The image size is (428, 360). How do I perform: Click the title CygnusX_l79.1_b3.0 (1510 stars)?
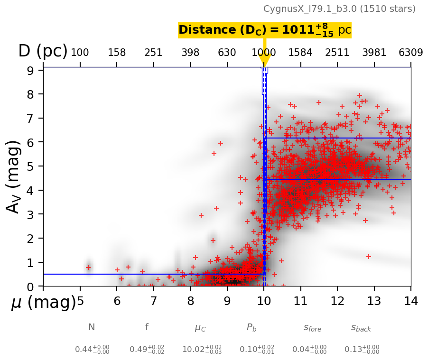(x=339, y=9)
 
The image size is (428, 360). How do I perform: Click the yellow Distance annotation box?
(x=265, y=30)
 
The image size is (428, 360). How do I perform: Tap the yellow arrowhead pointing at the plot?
(x=264, y=60)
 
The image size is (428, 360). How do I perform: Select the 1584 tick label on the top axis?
(x=300, y=53)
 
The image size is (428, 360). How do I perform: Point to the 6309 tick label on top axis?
(x=411, y=53)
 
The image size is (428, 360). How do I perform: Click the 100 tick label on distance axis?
(x=80, y=53)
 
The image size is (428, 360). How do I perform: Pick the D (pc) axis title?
(x=43, y=51)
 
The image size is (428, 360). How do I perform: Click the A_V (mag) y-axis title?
(x=15, y=177)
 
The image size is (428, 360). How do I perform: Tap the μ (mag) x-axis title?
(x=43, y=303)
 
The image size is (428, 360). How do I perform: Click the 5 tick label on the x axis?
(x=80, y=301)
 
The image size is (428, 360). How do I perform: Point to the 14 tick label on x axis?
(x=411, y=301)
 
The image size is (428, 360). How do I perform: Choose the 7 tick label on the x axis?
(x=154, y=301)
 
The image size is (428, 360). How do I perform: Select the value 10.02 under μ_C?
(x=195, y=350)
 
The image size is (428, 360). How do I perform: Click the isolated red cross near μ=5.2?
(x=88, y=268)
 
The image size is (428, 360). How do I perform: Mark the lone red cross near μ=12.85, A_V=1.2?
(x=369, y=257)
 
